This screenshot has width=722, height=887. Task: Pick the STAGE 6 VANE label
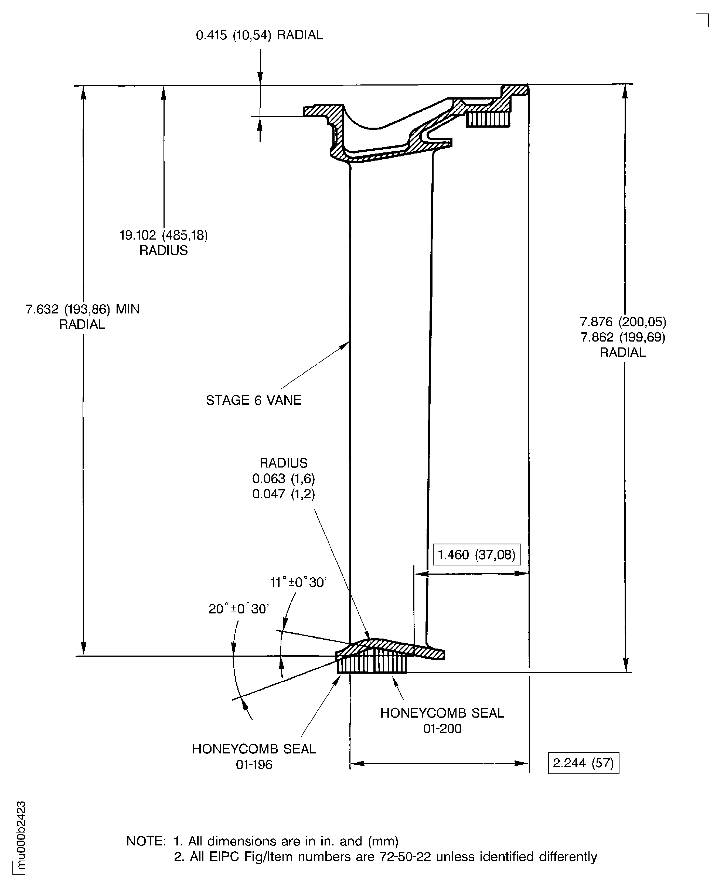(x=253, y=400)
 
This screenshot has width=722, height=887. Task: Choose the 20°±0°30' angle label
(x=239, y=609)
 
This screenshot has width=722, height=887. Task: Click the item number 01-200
(x=442, y=729)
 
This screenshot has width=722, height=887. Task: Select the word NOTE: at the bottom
(x=146, y=841)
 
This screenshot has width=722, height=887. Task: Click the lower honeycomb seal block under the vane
(x=372, y=664)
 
